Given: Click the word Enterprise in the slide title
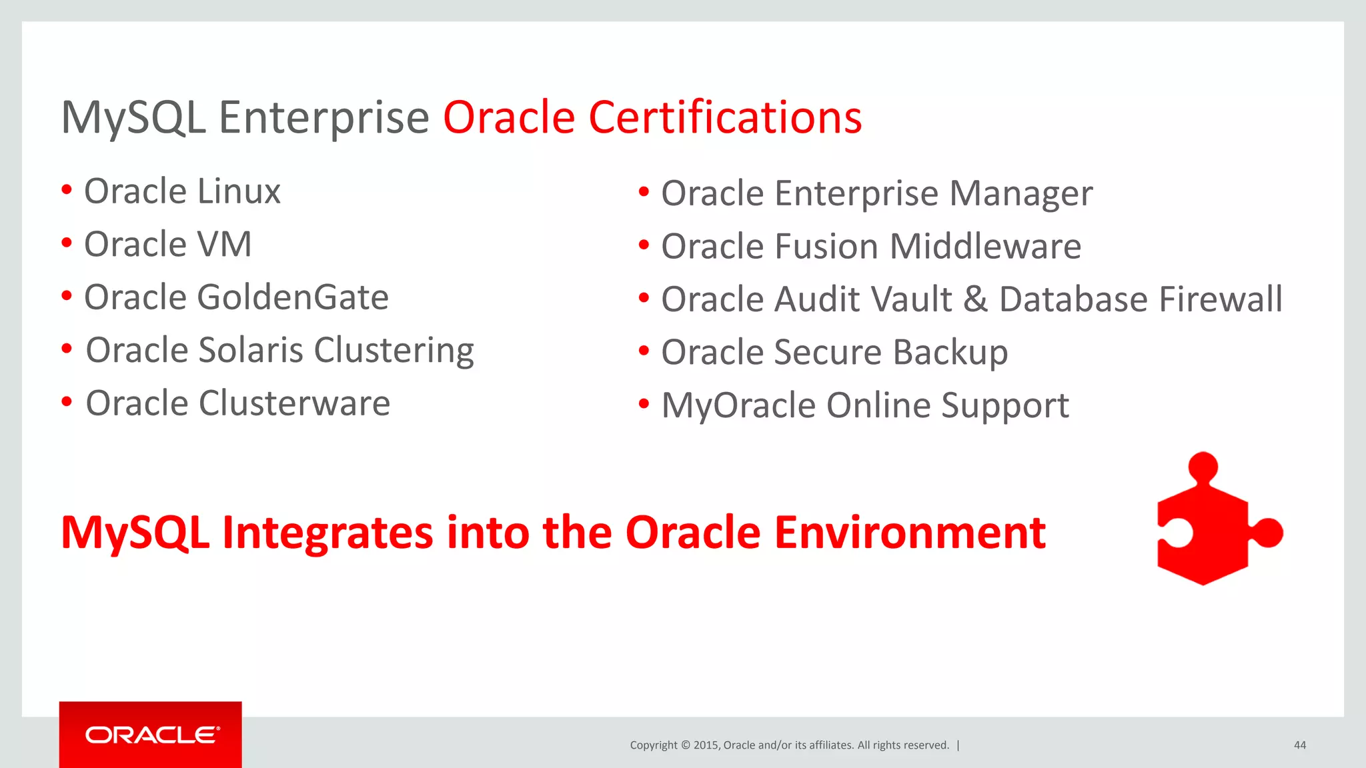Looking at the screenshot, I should point(323,118).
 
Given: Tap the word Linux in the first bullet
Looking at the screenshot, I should point(239,191).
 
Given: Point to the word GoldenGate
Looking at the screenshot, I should point(292,297).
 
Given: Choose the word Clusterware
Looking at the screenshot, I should point(294,403).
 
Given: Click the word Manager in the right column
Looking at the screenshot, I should point(1020,194).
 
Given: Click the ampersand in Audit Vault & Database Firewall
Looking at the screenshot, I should point(974,299).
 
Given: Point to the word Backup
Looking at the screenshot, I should point(950,353).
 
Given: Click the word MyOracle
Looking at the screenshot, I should point(738,406).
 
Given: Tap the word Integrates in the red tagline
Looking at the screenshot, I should point(327,533).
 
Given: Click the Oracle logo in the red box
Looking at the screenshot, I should point(151,735).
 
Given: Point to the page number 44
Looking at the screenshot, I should point(1299,745).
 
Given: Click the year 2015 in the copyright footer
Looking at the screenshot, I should point(706,745).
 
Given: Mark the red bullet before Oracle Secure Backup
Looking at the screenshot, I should point(644,351).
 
